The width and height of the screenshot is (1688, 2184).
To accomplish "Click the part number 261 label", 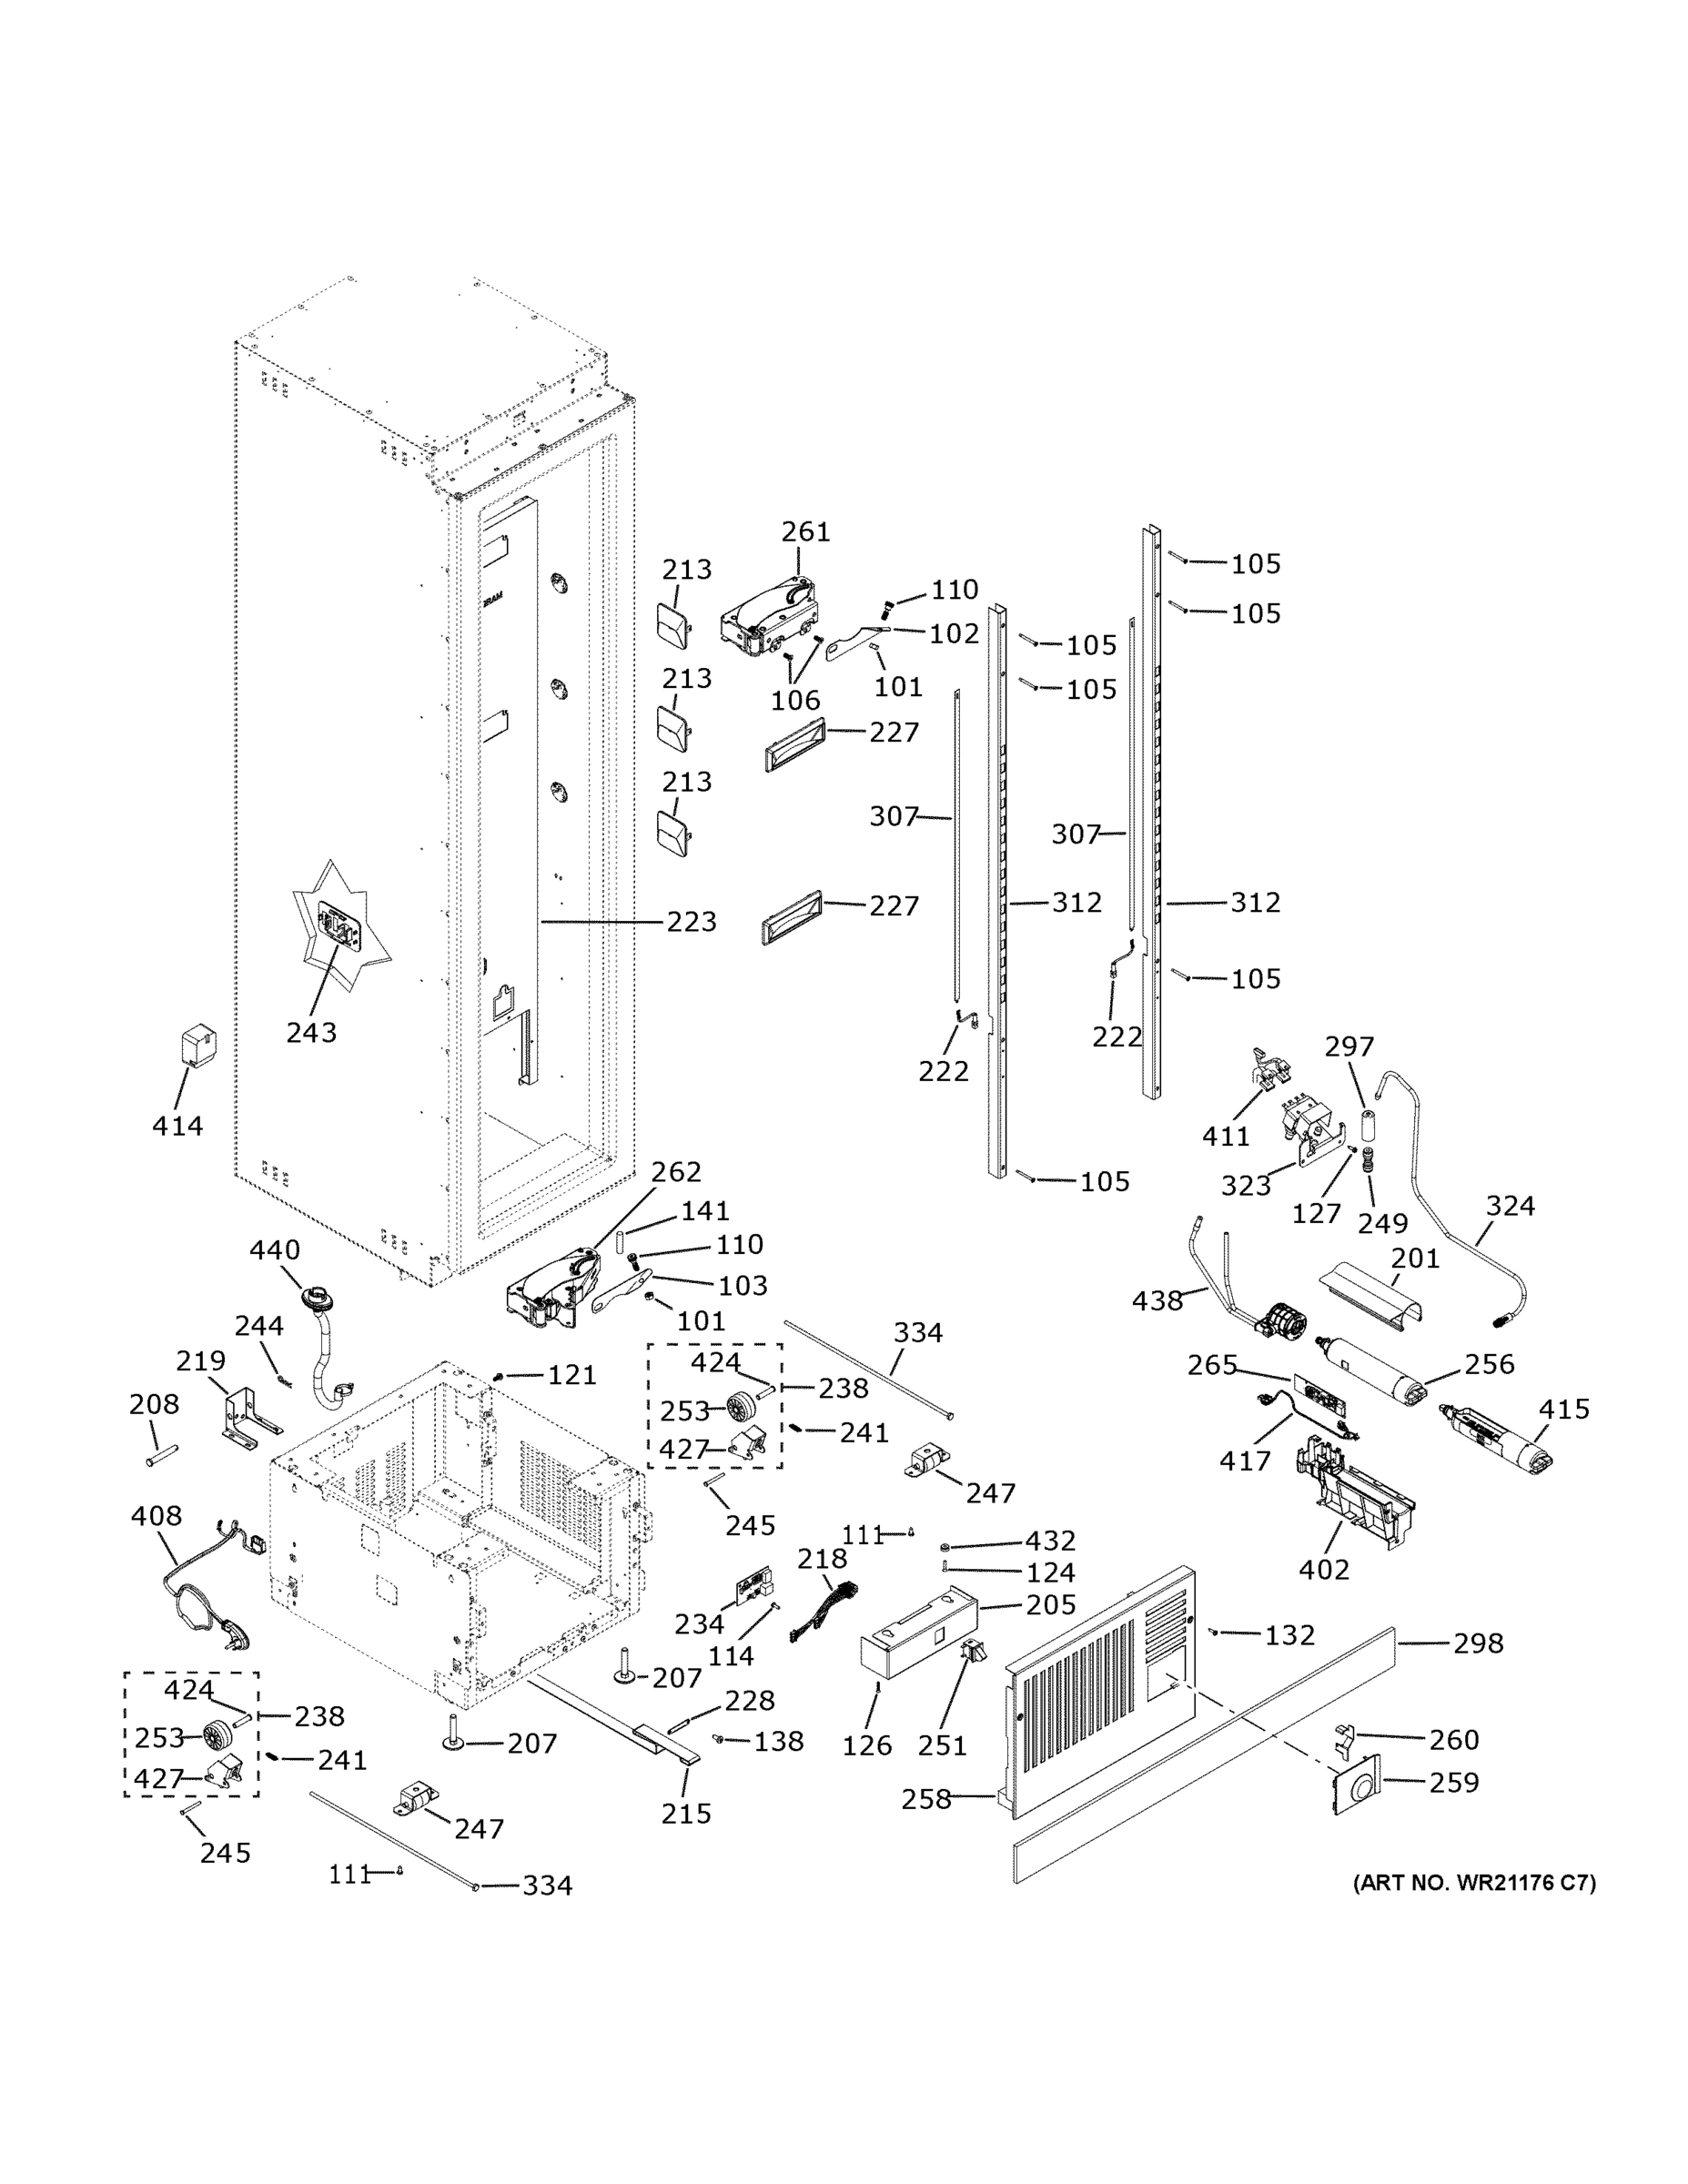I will click(x=805, y=532).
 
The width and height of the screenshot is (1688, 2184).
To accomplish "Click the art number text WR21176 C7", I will click(x=1474, y=1883).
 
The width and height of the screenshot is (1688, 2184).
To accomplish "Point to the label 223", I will click(x=692, y=921).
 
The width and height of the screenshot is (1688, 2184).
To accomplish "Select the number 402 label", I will click(x=1324, y=1569).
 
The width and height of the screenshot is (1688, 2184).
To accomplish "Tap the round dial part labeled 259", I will click(x=1357, y=1783).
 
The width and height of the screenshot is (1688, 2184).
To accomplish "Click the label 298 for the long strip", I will click(x=1478, y=1643).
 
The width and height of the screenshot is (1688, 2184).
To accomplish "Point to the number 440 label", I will click(x=274, y=1250).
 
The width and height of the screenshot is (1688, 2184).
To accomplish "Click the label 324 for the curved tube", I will click(x=1510, y=1206).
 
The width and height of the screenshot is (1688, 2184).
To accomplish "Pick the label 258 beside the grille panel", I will click(x=926, y=1799).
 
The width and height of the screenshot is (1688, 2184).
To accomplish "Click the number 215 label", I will click(x=686, y=1813).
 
